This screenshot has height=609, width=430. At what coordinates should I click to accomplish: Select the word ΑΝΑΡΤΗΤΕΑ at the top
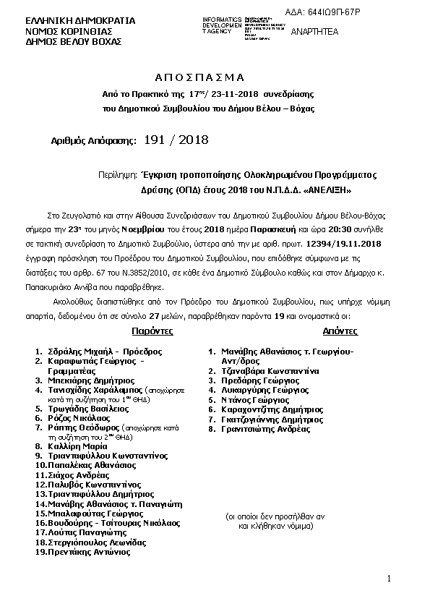point(315,32)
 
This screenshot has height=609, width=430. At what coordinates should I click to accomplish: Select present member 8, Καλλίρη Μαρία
point(77,446)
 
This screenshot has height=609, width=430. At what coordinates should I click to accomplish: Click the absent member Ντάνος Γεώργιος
point(254,399)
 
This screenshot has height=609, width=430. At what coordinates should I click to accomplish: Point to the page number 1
point(389,579)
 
